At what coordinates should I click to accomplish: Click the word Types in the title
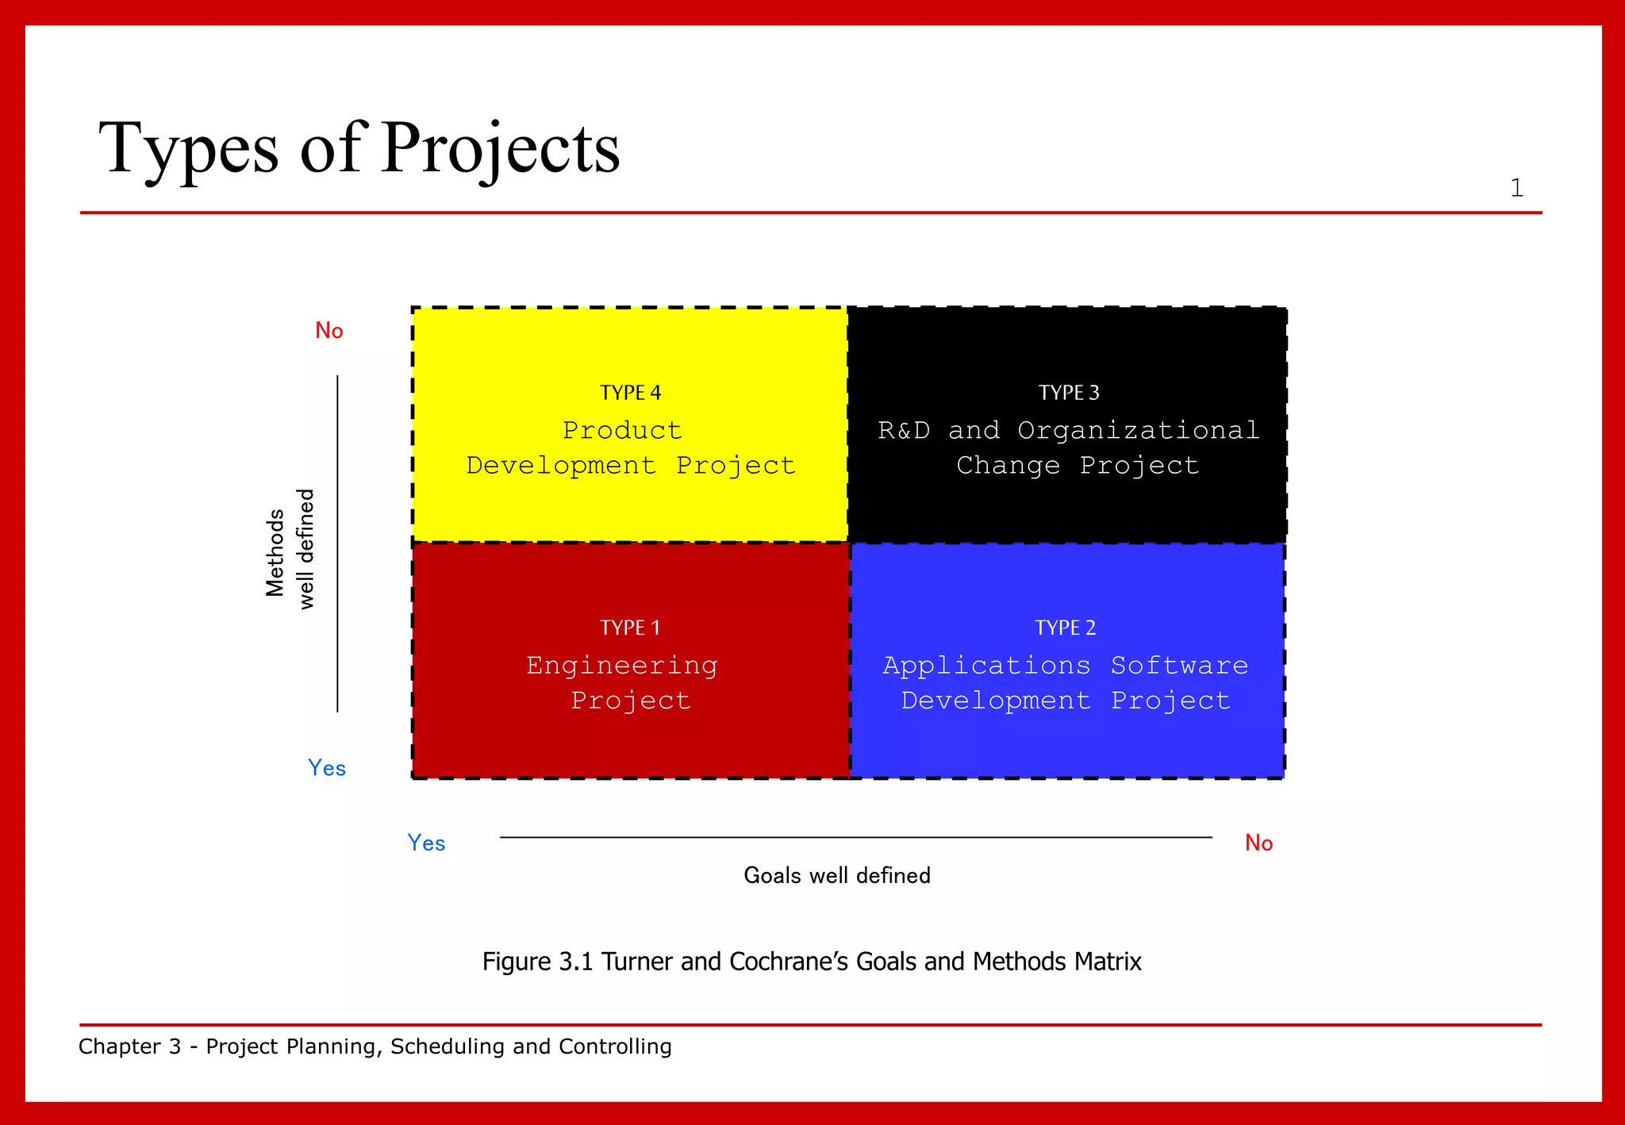click(x=188, y=148)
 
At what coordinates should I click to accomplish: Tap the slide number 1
click(x=1516, y=188)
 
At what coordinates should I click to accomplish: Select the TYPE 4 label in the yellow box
click(x=630, y=393)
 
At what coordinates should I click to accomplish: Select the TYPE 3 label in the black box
click(x=1069, y=393)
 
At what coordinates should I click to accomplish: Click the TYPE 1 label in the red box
click(x=630, y=628)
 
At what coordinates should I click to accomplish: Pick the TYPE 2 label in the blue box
click(x=1065, y=628)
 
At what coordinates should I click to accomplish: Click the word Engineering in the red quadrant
click(x=622, y=665)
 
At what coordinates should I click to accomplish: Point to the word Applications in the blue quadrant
click(x=986, y=665)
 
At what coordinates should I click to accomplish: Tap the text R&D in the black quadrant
click(x=904, y=430)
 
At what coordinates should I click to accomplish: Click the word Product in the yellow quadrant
click(x=622, y=430)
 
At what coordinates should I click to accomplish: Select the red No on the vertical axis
click(x=329, y=331)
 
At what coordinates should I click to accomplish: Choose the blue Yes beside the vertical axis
click(x=327, y=768)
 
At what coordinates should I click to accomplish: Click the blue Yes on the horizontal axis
click(x=426, y=843)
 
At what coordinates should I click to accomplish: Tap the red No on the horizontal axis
click(x=1258, y=843)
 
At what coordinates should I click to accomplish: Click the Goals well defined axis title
click(x=837, y=875)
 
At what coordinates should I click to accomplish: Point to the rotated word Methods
click(x=275, y=552)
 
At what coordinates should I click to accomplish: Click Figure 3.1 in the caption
click(x=537, y=962)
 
